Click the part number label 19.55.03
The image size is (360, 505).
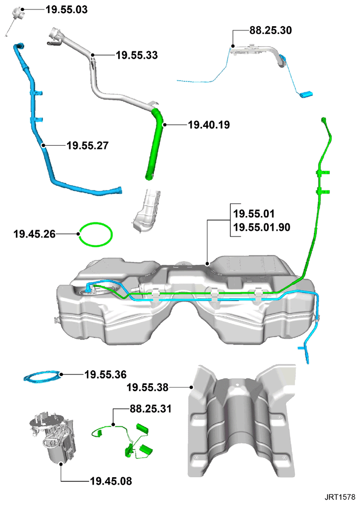(x=67, y=9)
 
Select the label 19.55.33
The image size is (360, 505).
(x=137, y=56)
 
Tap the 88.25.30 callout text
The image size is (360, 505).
(x=271, y=30)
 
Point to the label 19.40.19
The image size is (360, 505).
(x=209, y=125)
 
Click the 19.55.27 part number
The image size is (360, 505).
(x=88, y=146)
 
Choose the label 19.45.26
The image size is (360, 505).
(x=35, y=234)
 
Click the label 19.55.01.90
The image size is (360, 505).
(x=262, y=228)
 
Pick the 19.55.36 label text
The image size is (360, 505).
(x=105, y=374)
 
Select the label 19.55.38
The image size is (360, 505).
(x=147, y=388)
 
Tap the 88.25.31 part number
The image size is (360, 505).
(x=151, y=409)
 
